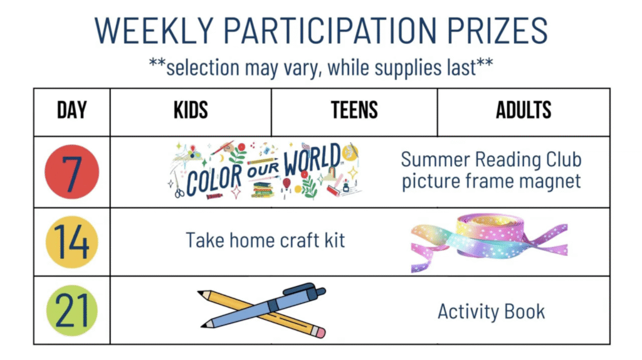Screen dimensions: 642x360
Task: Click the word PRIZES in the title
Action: click(497, 30)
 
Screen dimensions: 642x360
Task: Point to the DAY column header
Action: click(72, 110)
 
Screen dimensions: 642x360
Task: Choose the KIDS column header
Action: click(191, 110)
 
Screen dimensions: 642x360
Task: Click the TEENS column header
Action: click(354, 110)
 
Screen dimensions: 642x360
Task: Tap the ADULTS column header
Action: click(524, 110)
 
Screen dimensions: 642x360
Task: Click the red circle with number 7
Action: click(72, 172)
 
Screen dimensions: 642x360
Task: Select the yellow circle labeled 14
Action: click(72, 242)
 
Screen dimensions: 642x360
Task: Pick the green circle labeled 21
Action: click(72, 310)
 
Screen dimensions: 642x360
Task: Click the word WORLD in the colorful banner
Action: click(312, 159)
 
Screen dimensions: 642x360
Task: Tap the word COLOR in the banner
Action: click(214, 179)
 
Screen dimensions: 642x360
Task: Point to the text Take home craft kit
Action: click(265, 240)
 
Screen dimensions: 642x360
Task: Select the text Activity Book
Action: click(492, 312)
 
